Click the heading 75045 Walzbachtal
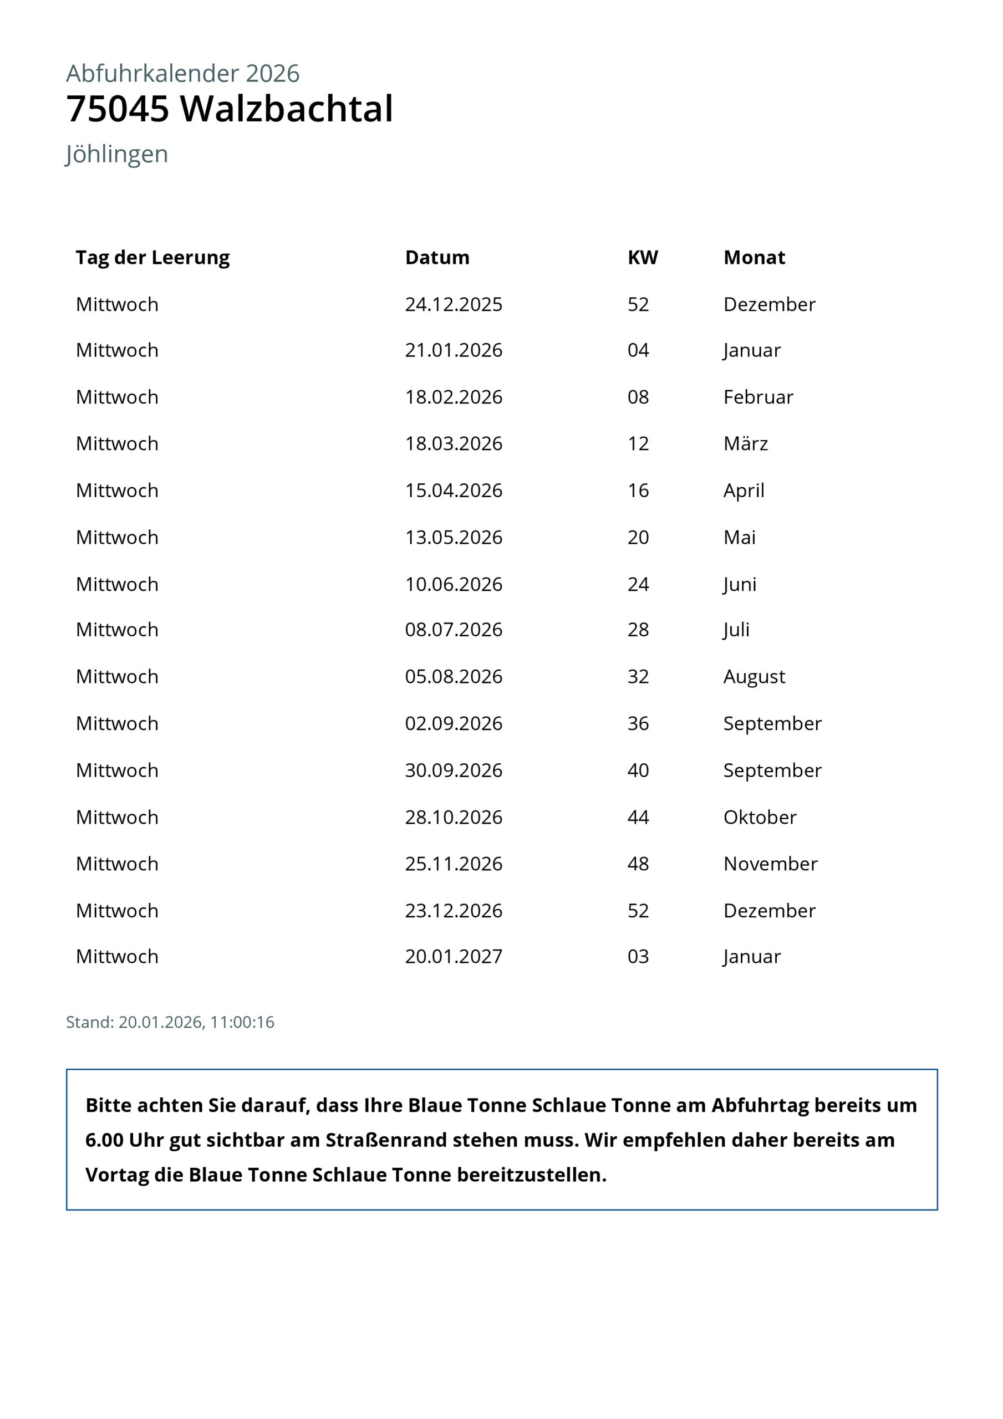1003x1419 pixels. (230, 109)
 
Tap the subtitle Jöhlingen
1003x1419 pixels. (117, 154)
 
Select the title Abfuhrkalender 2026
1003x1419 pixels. (182, 74)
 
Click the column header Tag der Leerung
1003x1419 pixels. (152, 257)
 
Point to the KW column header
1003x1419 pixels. (643, 257)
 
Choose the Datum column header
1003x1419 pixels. (437, 257)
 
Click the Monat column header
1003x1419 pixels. (754, 257)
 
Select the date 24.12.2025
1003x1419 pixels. (454, 304)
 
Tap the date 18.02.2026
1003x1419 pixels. (454, 397)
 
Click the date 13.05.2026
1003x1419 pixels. (454, 537)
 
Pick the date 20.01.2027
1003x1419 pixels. (454, 956)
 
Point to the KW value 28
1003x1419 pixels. (638, 629)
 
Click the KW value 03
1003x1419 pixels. (638, 956)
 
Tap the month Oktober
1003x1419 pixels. (760, 817)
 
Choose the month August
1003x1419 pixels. (754, 676)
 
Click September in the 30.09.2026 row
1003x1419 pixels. (772, 770)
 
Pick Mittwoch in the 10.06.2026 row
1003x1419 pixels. (117, 584)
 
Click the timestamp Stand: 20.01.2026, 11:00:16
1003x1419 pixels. (170, 1022)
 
